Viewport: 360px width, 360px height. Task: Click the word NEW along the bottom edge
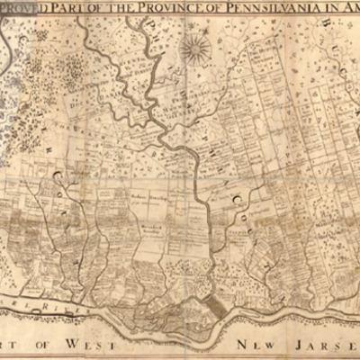(x=256, y=346)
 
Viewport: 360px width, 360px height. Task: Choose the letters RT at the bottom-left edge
(x=11, y=346)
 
